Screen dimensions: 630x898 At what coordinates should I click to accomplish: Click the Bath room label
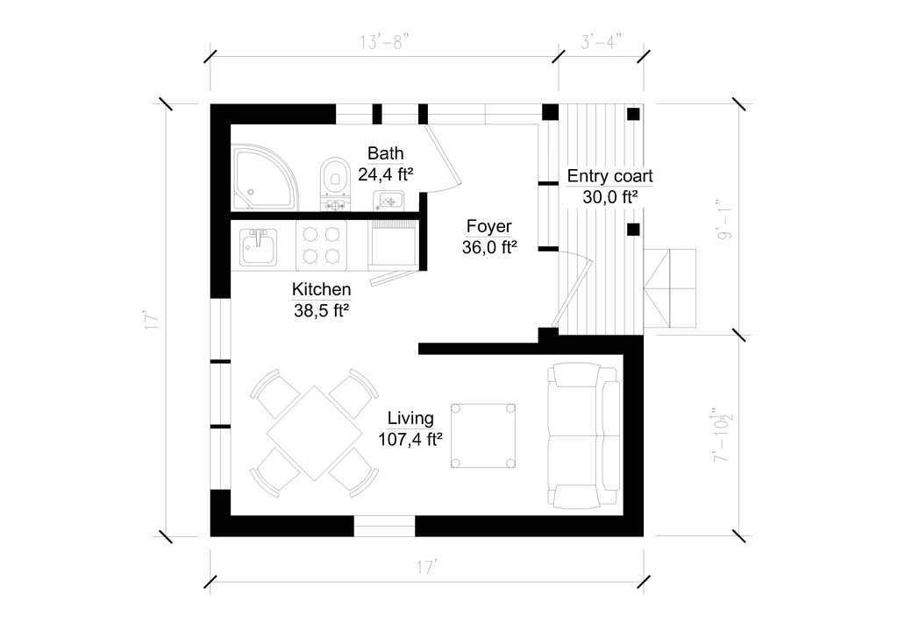[x=386, y=153]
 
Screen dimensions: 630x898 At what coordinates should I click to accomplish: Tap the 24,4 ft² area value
[x=386, y=174]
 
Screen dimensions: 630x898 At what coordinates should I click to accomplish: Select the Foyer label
[x=488, y=227]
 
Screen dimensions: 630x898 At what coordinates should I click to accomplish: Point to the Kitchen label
[x=322, y=289]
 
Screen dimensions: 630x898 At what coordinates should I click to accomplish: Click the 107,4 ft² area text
[x=410, y=440]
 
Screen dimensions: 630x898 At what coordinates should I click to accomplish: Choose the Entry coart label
[x=609, y=176]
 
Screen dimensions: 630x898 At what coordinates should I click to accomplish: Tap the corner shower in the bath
[x=264, y=178]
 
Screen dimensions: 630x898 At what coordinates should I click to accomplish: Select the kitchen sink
[x=258, y=246]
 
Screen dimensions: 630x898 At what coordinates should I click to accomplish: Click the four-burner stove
[x=320, y=245]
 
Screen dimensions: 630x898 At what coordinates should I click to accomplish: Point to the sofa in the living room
[x=582, y=437]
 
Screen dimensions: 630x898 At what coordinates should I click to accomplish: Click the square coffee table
[x=482, y=435]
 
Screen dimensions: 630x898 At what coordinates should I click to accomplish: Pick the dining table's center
[x=313, y=432]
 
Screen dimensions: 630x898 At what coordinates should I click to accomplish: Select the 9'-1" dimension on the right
[x=725, y=219]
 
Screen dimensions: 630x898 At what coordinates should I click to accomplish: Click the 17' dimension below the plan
[x=427, y=568]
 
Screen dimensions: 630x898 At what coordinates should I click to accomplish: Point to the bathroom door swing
[x=441, y=158]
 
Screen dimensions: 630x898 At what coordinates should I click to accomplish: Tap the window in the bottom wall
[x=384, y=526]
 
